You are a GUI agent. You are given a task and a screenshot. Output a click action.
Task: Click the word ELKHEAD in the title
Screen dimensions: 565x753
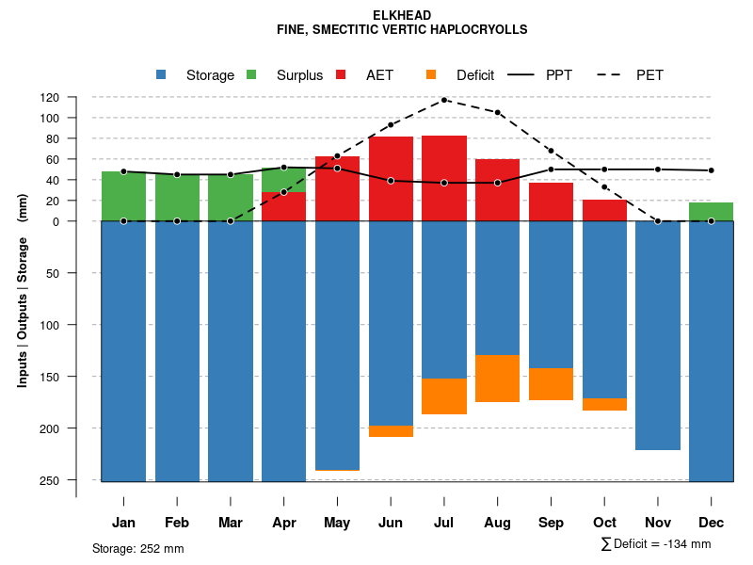pos(402,16)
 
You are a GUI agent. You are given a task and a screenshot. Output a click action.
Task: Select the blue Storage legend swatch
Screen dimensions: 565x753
pos(161,74)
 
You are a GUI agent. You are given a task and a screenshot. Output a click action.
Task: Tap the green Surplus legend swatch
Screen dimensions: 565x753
pos(251,74)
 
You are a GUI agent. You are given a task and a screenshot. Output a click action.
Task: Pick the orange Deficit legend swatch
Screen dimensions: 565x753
pos(431,74)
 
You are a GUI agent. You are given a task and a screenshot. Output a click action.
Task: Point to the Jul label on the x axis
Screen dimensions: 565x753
pos(444,523)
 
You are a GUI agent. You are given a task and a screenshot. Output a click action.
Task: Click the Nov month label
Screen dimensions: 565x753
pos(658,523)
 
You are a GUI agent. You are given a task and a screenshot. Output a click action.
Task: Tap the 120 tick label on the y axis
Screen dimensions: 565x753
pos(76,98)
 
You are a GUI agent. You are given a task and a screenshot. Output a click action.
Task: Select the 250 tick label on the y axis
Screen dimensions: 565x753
pos(76,480)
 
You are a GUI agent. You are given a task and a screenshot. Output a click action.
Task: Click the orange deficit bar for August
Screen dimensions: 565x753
pos(498,379)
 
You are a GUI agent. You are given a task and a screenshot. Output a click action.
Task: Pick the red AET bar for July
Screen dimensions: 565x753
pos(444,178)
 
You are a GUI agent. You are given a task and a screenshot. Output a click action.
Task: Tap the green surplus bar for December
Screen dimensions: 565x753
pos(711,212)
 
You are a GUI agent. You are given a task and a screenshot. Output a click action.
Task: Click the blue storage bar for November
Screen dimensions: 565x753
pos(658,335)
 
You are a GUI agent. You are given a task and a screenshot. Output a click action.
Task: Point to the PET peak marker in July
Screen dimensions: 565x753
pos(444,100)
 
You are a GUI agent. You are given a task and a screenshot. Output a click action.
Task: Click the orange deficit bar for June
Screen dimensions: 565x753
pos(391,431)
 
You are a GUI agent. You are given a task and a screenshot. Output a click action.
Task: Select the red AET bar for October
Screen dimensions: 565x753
pos(604,210)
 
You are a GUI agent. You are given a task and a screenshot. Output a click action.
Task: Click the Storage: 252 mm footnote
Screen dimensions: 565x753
pos(138,548)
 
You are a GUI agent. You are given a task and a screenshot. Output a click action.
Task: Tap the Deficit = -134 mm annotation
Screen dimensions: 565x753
pos(656,544)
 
